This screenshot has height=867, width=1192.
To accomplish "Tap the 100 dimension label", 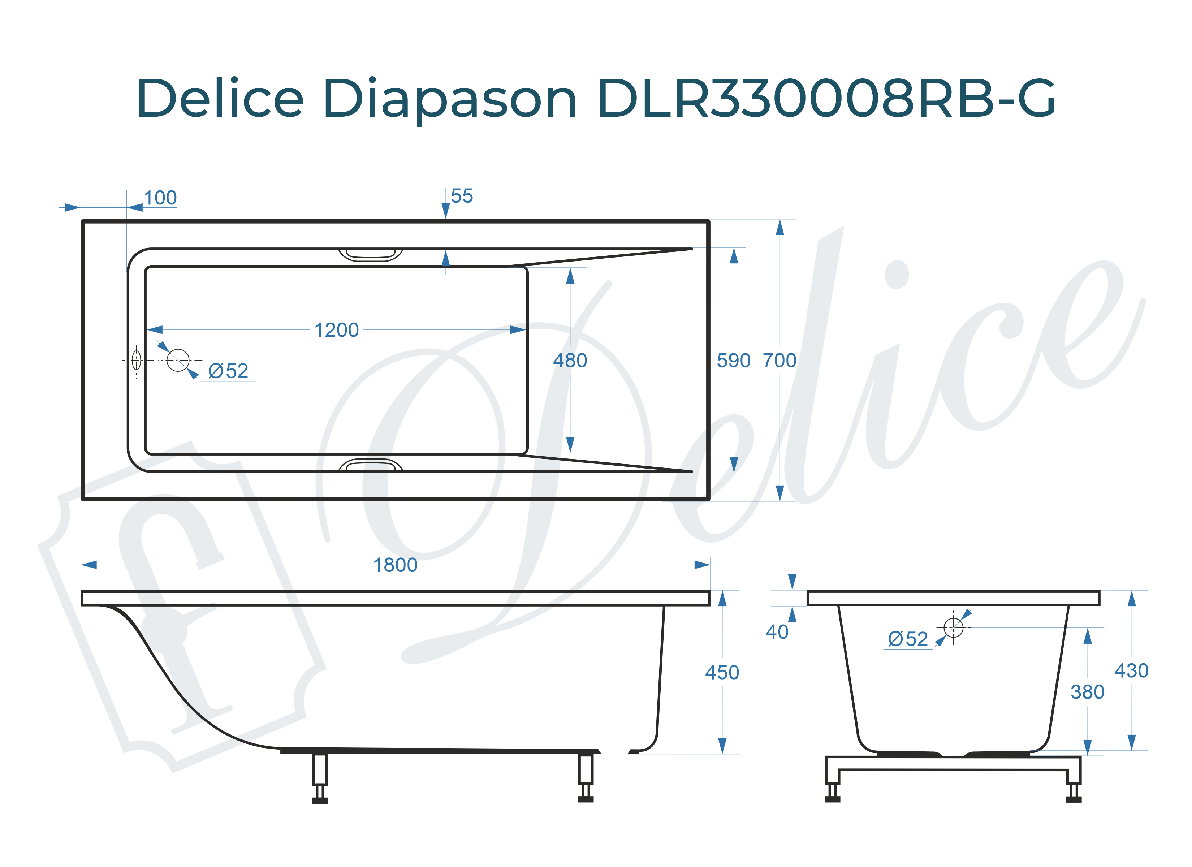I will point(160,198).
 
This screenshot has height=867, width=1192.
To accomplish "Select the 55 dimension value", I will point(462,196).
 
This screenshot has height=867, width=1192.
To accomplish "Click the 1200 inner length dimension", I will point(336,330).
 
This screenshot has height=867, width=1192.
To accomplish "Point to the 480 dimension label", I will point(570,361).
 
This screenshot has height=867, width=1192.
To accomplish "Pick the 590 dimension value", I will point(733,361).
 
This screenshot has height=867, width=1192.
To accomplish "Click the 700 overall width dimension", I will point(779,361).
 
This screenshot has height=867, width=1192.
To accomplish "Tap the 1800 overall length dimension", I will point(395,565).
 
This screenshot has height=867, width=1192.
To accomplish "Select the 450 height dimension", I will point(722,672).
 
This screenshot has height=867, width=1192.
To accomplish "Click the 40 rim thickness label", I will point(777,632).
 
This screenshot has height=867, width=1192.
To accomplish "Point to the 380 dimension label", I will point(1087,692).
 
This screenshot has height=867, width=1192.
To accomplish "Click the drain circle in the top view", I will point(178,360).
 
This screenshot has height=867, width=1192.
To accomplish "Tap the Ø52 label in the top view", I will point(228,371).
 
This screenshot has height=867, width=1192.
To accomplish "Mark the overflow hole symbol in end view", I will point(953,627).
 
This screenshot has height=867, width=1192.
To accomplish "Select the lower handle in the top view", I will point(371,465).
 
